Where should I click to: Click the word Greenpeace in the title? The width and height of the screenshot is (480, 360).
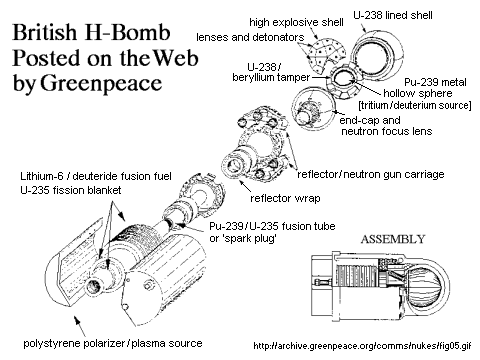click(x=101, y=83)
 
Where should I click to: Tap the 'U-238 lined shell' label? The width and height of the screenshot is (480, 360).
click(x=393, y=15)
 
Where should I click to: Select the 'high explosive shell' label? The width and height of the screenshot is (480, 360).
click(x=296, y=22)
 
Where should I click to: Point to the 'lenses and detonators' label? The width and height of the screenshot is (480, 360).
click(x=250, y=37)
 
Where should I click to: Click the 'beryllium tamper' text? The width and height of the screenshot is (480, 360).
click(x=271, y=77)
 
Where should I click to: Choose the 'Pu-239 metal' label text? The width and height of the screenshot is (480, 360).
click(x=435, y=82)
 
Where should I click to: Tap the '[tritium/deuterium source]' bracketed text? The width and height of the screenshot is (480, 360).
click(x=415, y=105)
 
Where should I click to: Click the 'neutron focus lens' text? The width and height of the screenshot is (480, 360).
click(x=387, y=131)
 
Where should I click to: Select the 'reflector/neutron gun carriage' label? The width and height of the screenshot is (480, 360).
click(x=371, y=174)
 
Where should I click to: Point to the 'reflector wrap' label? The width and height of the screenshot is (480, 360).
click(x=285, y=198)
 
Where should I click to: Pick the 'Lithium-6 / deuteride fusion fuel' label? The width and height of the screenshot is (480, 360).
click(x=96, y=176)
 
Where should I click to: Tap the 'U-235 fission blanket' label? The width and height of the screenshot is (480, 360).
click(x=71, y=190)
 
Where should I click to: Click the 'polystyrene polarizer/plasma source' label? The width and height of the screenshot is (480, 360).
click(x=113, y=343)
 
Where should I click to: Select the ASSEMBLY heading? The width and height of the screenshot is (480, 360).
click(x=393, y=239)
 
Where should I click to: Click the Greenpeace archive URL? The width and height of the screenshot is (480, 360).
click(x=362, y=346)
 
